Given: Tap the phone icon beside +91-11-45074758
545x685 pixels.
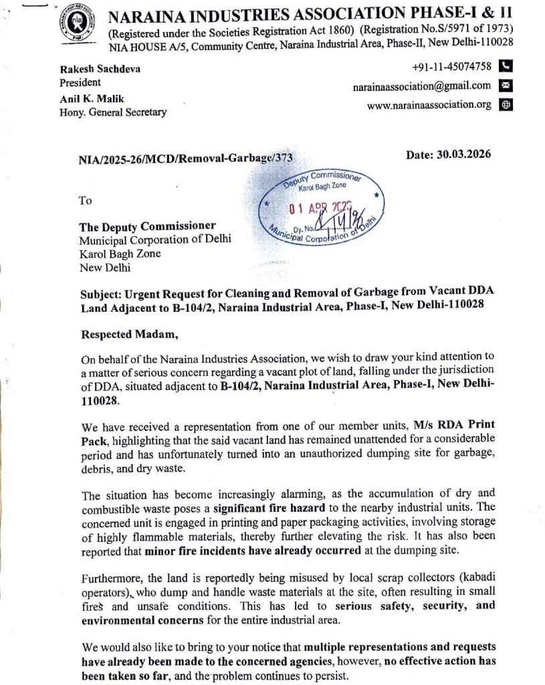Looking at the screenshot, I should point(506,66).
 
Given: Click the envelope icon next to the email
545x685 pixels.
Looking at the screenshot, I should point(506,86).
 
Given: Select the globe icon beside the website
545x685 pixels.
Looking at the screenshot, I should point(506,105).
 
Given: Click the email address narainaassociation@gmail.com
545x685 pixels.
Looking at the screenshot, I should point(422,86).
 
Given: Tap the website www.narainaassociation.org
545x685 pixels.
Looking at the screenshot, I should point(429,105).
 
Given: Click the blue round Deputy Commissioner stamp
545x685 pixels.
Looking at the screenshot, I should point(323,207).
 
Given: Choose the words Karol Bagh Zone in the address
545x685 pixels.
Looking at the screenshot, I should point(120,254).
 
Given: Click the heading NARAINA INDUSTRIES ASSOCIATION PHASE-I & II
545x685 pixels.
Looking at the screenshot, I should point(310,13).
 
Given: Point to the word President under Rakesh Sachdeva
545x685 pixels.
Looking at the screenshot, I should point(80,82).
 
